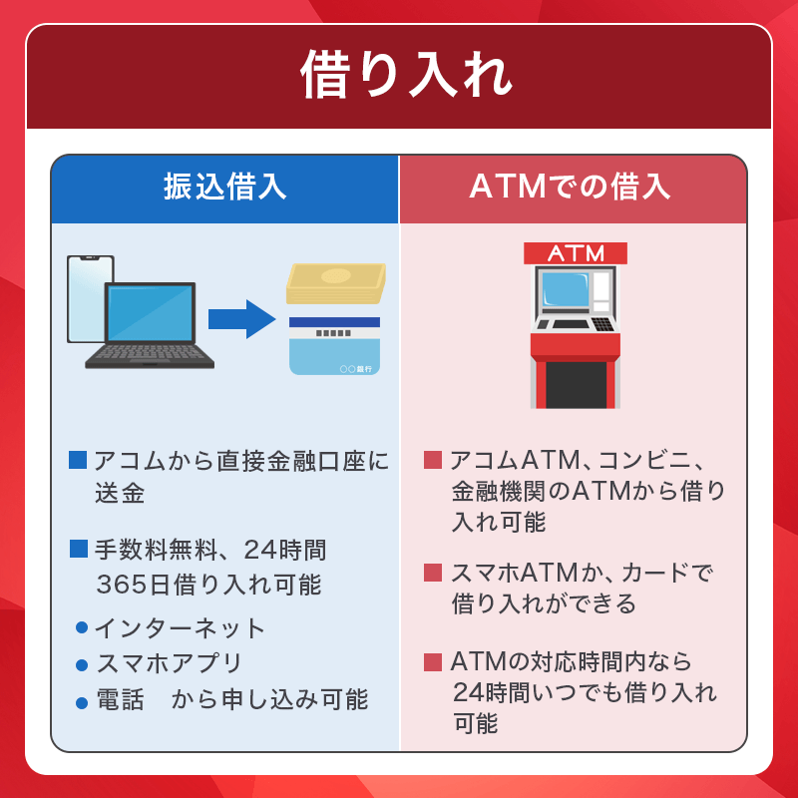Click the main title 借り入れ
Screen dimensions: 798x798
[x=399, y=76]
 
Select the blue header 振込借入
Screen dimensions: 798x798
[x=224, y=188]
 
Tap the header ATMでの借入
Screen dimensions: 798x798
[x=573, y=188]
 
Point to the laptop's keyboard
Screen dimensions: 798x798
[x=150, y=354]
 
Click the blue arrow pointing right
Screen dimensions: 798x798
[x=240, y=319]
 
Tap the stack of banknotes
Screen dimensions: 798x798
[x=335, y=284]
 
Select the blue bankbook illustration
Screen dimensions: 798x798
[x=334, y=345]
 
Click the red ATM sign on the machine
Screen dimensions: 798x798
[x=576, y=253]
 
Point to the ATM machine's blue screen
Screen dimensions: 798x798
[x=565, y=290]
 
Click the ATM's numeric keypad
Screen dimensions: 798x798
[x=602, y=323]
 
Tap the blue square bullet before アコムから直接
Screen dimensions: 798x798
[x=79, y=460]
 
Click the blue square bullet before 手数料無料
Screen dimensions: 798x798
[x=79, y=549]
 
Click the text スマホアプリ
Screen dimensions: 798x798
[x=170, y=663]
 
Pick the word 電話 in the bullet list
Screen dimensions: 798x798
[x=118, y=700]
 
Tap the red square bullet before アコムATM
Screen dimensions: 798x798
[x=433, y=460]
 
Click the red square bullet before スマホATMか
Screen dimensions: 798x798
[x=433, y=573]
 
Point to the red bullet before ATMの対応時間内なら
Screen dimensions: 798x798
[x=433, y=661]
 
